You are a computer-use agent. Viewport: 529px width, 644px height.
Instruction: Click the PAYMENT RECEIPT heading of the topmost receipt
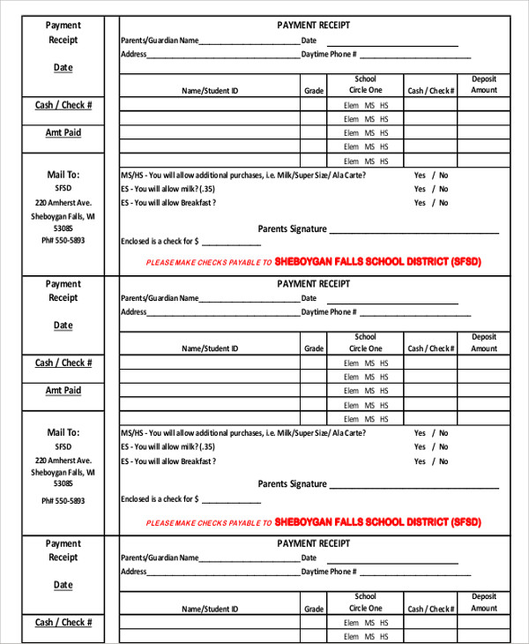313,26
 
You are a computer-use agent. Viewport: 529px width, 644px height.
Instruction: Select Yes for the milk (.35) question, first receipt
420,189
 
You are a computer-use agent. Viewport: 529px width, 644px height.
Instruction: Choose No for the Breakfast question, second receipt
443,461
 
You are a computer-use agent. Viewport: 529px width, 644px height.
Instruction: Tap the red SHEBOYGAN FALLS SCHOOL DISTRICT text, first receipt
377,262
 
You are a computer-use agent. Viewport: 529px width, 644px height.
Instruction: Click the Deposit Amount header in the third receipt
484,603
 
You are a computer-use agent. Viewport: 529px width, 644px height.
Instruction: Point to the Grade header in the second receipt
314,348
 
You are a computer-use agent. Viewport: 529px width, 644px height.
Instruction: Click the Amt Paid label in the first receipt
63,132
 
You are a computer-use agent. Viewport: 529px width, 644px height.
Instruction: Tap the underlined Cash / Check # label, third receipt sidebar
63,622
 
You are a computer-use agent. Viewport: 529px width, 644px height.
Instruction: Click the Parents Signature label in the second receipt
292,484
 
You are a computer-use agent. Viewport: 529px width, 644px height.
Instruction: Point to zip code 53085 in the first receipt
63,228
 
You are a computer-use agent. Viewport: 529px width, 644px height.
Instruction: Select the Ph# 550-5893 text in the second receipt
63,500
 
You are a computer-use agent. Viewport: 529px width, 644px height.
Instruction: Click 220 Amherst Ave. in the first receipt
63,202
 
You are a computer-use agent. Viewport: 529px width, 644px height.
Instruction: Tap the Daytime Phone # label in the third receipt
329,572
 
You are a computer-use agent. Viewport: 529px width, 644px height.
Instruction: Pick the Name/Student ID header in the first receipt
210,91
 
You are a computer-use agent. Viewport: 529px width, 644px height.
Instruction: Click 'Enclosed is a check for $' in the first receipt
160,241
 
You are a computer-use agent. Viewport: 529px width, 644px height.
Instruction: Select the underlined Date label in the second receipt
63,326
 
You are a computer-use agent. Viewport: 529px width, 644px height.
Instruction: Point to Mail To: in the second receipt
63,432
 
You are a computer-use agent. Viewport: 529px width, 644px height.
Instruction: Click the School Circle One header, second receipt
365,342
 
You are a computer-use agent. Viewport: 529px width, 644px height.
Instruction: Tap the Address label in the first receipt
133,55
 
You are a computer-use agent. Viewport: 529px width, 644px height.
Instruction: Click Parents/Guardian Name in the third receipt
160,558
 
